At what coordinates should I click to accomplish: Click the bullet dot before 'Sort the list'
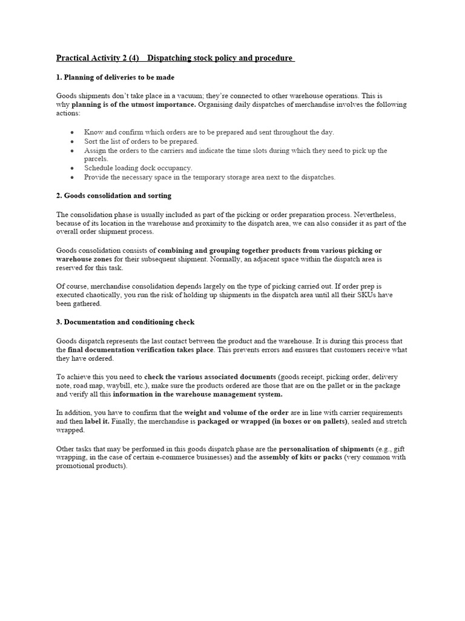pos(73,141)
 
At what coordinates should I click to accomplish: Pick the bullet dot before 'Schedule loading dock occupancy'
pos(73,167)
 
